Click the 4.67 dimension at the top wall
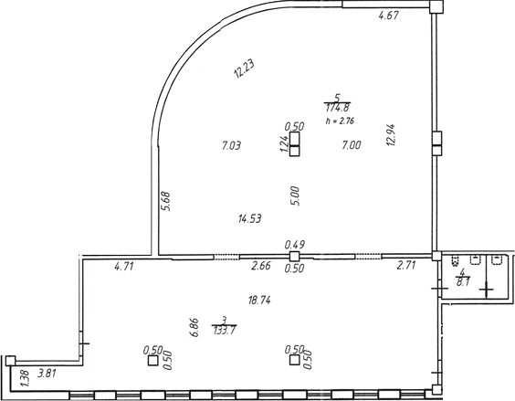pyautogui.click(x=389, y=16)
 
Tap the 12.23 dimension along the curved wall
pyautogui.click(x=244, y=69)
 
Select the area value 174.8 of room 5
pyautogui.click(x=337, y=108)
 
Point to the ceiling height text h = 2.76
pyautogui.click(x=340, y=121)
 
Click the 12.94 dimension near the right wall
pyautogui.click(x=391, y=135)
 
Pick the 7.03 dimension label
pyautogui.click(x=231, y=145)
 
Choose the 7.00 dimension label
pyautogui.click(x=352, y=145)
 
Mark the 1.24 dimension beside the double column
pyautogui.click(x=284, y=144)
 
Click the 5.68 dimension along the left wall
pyautogui.click(x=166, y=201)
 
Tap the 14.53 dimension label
pyautogui.click(x=250, y=218)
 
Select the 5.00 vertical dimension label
pyautogui.click(x=295, y=195)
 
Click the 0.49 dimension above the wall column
pyautogui.click(x=295, y=245)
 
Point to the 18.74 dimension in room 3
pyautogui.click(x=259, y=301)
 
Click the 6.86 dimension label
pyautogui.click(x=194, y=327)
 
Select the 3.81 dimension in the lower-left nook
pyautogui.click(x=47, y=374)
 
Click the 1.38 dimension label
pyautogui.click(x=26, y=379)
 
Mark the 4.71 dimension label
pyautogui.click(x=124, y=266)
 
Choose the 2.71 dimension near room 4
pyautogui.click(x=406, y=265)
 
